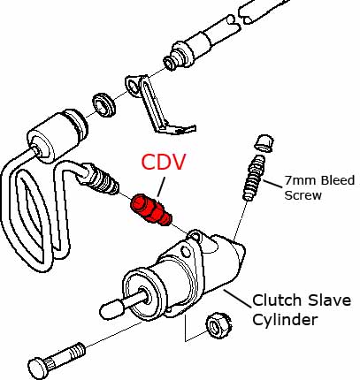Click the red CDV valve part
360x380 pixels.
click(x=151, y=211)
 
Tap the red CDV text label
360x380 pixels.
click(x=164, y=162)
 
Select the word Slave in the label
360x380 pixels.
click(x=329, y=300)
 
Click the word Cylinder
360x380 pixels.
click(x=285, y=319)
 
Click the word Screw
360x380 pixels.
click(x=303, y=195)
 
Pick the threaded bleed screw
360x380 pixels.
click(x=253, y=179)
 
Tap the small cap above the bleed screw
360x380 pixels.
click(x=264, y=143)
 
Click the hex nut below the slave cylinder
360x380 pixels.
click(x=218, y=325)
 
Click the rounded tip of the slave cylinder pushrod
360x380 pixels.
click(x=111, y=309)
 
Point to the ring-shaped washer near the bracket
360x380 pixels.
click(x=104, y=104)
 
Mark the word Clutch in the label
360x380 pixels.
click(x=277, y=300)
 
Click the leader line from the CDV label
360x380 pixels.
click(x=161, y=186)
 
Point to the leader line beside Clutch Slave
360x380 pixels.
click(x=238, y=299)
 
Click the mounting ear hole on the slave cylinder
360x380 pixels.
click(x=186, y=252)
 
